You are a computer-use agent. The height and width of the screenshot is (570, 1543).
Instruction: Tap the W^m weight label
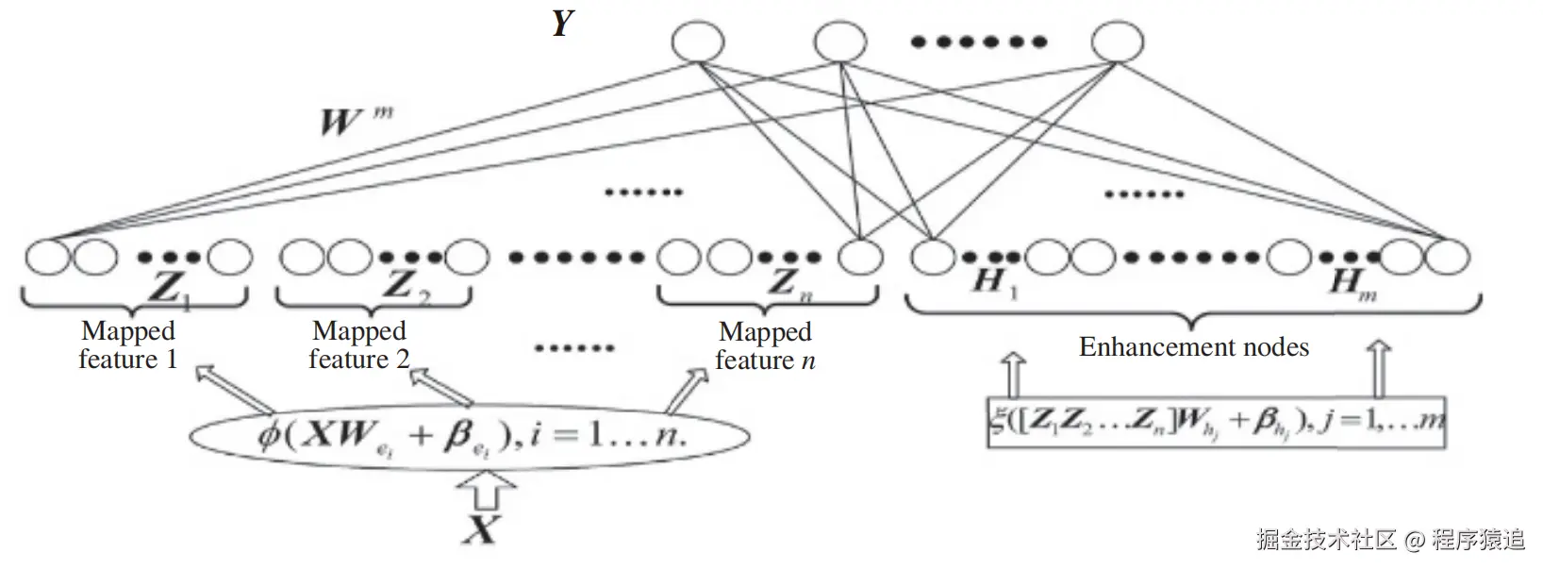click(354, 122)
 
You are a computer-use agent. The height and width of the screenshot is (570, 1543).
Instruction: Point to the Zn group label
click(788, 285)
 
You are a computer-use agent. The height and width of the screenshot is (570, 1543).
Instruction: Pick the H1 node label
click(995, 282)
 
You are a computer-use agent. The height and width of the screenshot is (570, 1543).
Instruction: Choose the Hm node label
click(1352, 282)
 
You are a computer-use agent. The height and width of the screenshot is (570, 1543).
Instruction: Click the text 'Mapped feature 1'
click(127, 345)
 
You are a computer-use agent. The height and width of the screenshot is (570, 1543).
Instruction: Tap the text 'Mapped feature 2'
click(359, 345)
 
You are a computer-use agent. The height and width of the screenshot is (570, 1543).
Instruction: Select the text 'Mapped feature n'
click(765, 346)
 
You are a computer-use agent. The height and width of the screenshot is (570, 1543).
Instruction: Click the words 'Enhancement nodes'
click(1193, 347)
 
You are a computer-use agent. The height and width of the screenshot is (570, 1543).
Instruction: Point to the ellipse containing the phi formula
click(470, 437)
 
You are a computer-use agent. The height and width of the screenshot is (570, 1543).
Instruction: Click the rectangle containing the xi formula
click(1217, 421)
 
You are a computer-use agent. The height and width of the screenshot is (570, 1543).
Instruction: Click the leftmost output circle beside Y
click(698, 42)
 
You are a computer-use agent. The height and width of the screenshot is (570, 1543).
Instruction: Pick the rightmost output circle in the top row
click(1118, 42)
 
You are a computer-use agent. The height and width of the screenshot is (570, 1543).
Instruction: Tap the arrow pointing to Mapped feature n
click(687, 388)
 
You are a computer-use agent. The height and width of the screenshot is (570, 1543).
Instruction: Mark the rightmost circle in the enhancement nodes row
click(1447, 257)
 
